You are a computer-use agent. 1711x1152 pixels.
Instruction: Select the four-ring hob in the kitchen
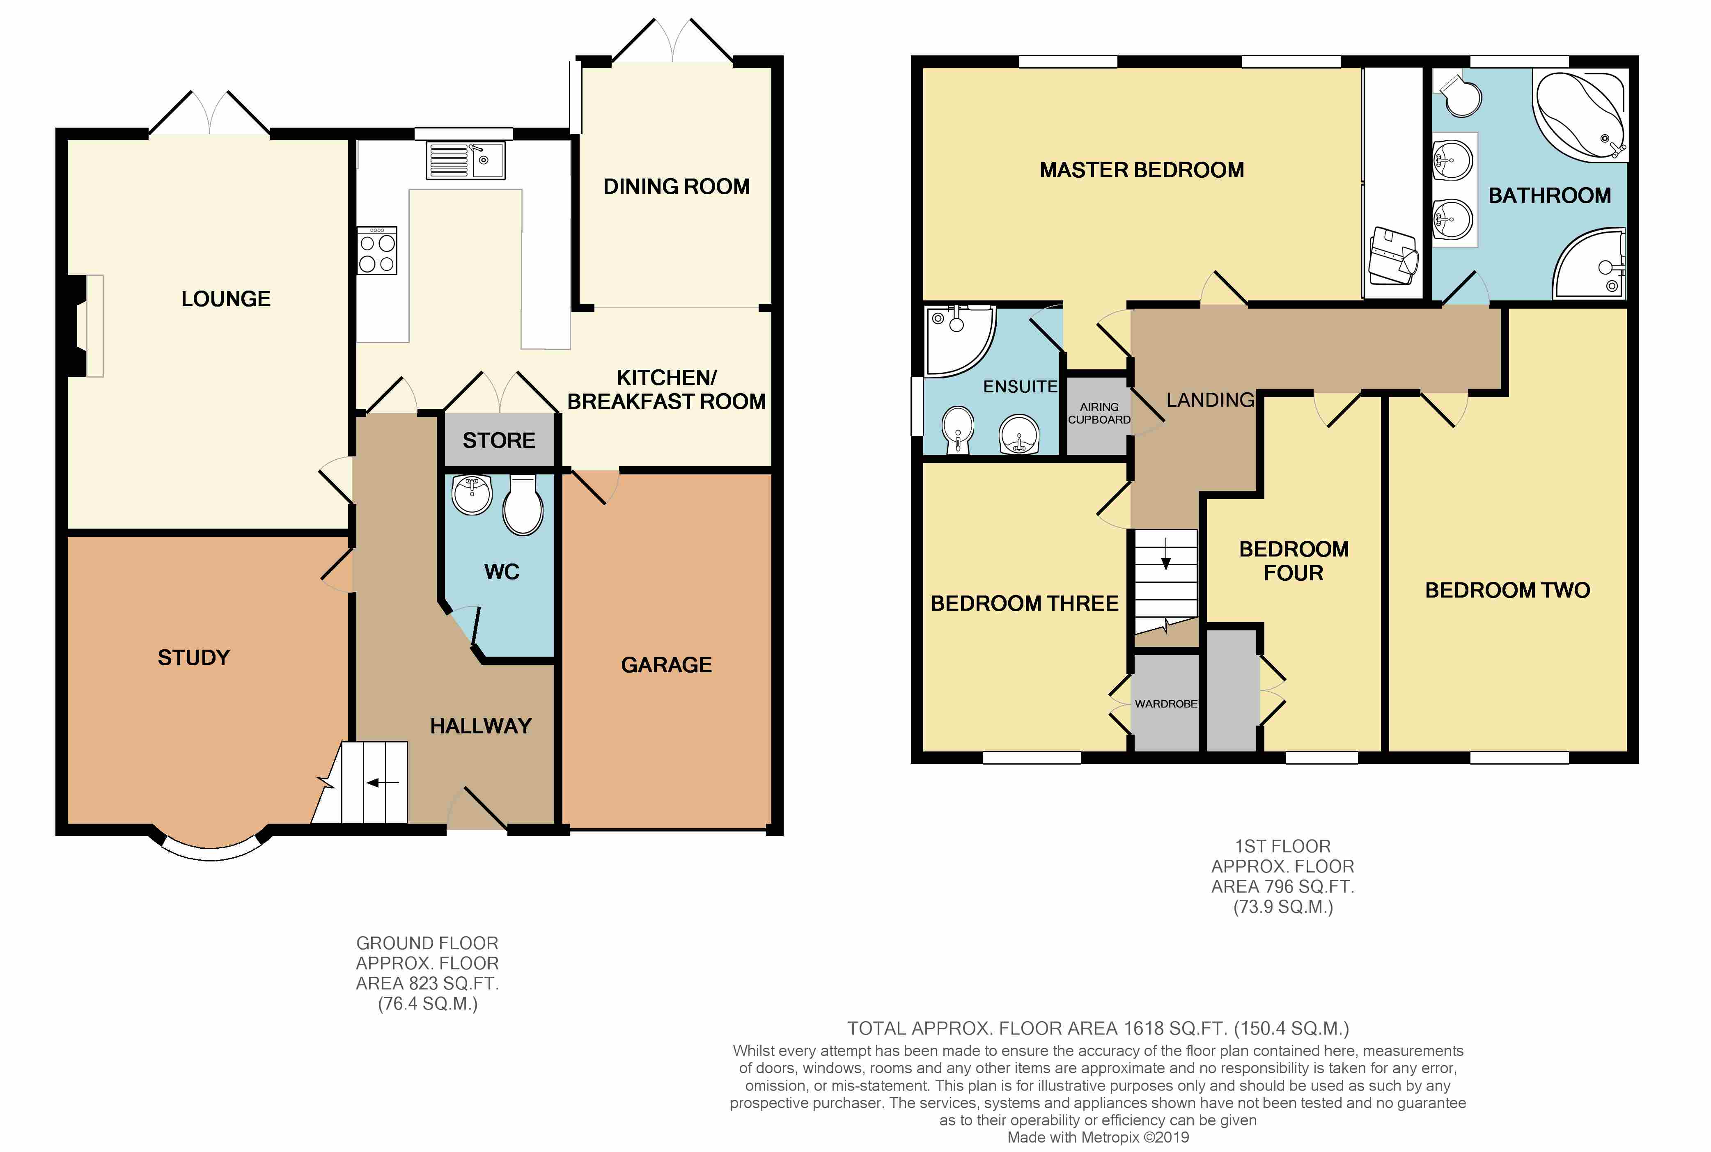coord(377,251)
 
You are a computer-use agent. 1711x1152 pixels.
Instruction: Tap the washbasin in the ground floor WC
coord(472,495)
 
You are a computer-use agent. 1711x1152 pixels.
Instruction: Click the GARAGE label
coord(666,665)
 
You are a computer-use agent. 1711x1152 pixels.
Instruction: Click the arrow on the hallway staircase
coord(383,783)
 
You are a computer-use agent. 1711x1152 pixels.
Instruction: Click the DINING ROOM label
coord(677,187)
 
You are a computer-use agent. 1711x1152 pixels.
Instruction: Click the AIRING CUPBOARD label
coord(1099,413)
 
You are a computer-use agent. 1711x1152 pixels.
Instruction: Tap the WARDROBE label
coord(1166,704)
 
